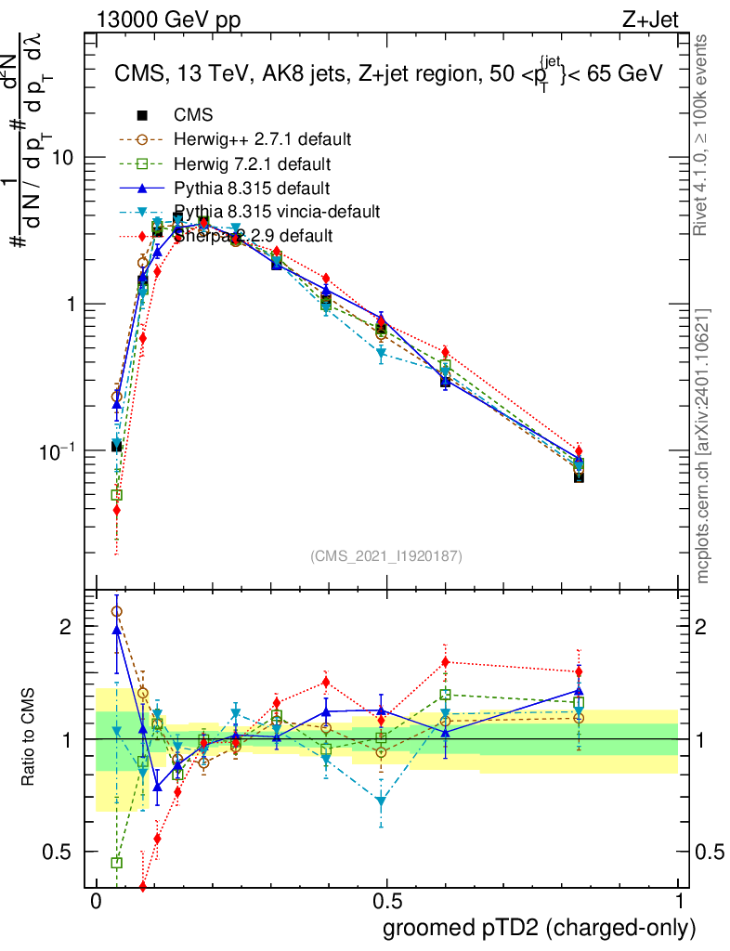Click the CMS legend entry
(193, 115)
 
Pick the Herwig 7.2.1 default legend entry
(253, 163)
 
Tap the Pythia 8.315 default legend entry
(252, 188)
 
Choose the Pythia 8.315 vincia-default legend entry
(277, 212)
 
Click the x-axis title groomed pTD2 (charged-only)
(539, 928)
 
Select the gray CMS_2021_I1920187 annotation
(386, 556)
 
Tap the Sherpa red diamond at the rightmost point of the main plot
(579, 451)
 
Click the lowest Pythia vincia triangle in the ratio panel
(381, 801)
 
